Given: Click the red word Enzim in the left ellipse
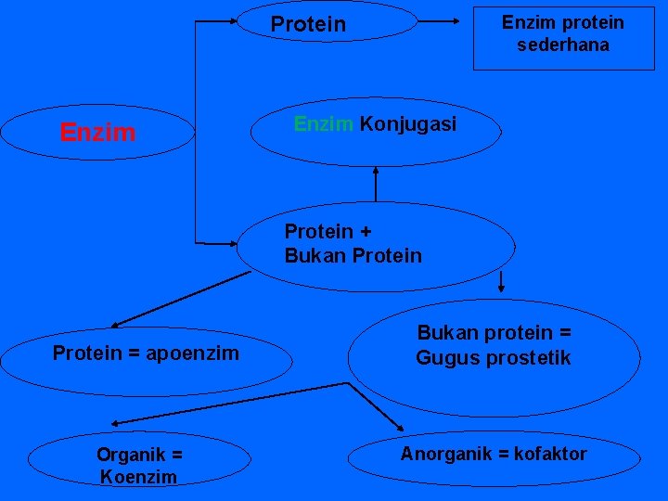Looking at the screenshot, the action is [97, 133].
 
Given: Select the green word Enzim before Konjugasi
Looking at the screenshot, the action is [324, 124].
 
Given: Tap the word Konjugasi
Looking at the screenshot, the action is [407, 124].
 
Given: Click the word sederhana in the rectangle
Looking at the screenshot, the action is [562, 45].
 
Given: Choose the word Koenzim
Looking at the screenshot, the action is [139, 477].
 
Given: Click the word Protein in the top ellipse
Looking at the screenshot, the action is [308, 24].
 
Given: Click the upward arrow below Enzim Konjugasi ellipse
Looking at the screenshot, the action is [377, 171].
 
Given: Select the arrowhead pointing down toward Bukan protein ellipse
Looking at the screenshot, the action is [502, 288].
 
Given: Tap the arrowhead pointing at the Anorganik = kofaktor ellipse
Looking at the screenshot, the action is [400, 427].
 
